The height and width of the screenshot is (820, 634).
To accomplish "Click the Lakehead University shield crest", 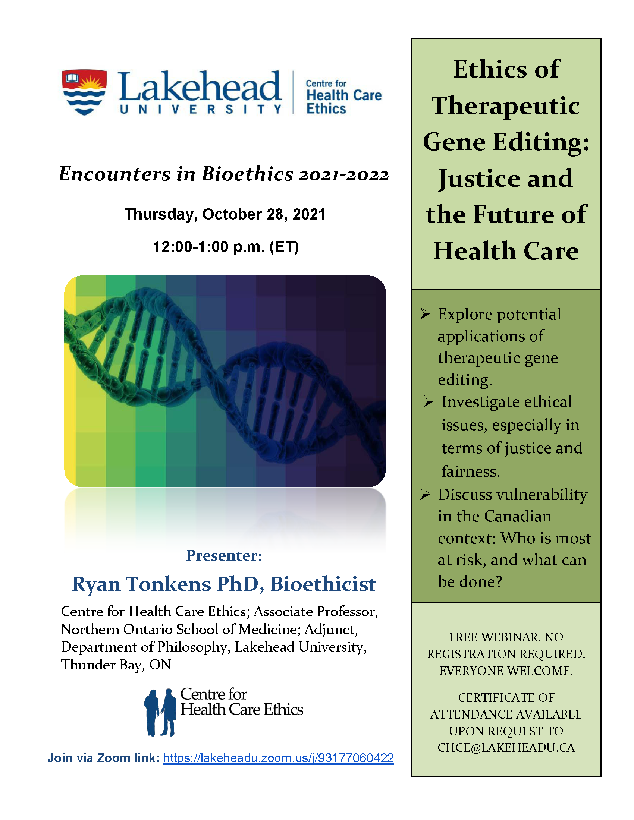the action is click(x=84, y=92).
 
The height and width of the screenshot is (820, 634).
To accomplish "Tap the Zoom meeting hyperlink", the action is click(x=278, y=758).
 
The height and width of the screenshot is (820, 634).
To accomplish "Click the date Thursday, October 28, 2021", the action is click(x=225, y=215).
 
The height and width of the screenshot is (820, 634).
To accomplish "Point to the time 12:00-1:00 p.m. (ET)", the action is click(x=226, y=247).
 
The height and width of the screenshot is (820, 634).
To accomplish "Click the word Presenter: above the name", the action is click(x=224, y=555).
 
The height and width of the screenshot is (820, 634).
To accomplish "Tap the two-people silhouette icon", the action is click(x=160, y=712).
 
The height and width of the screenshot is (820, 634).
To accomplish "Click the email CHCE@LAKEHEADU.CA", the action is click(x=506, y=747).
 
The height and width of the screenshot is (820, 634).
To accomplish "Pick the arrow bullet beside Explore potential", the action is click(x=425, y=314).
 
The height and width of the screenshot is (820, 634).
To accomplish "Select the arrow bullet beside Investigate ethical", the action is click(x=429, y=401).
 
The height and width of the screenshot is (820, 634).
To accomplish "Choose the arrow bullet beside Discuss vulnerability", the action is click(x=425, y=494).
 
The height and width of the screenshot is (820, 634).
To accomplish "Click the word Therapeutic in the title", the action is click(x=506, y=106).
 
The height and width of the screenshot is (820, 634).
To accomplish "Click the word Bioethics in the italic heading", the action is click(x=247, y=173).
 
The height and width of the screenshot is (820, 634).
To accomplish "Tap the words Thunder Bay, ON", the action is click(x=116, y=665).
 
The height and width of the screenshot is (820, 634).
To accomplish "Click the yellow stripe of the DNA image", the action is click(x=70, y=381).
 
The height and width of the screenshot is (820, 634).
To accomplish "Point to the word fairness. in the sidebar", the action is click(x=471, y=471).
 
